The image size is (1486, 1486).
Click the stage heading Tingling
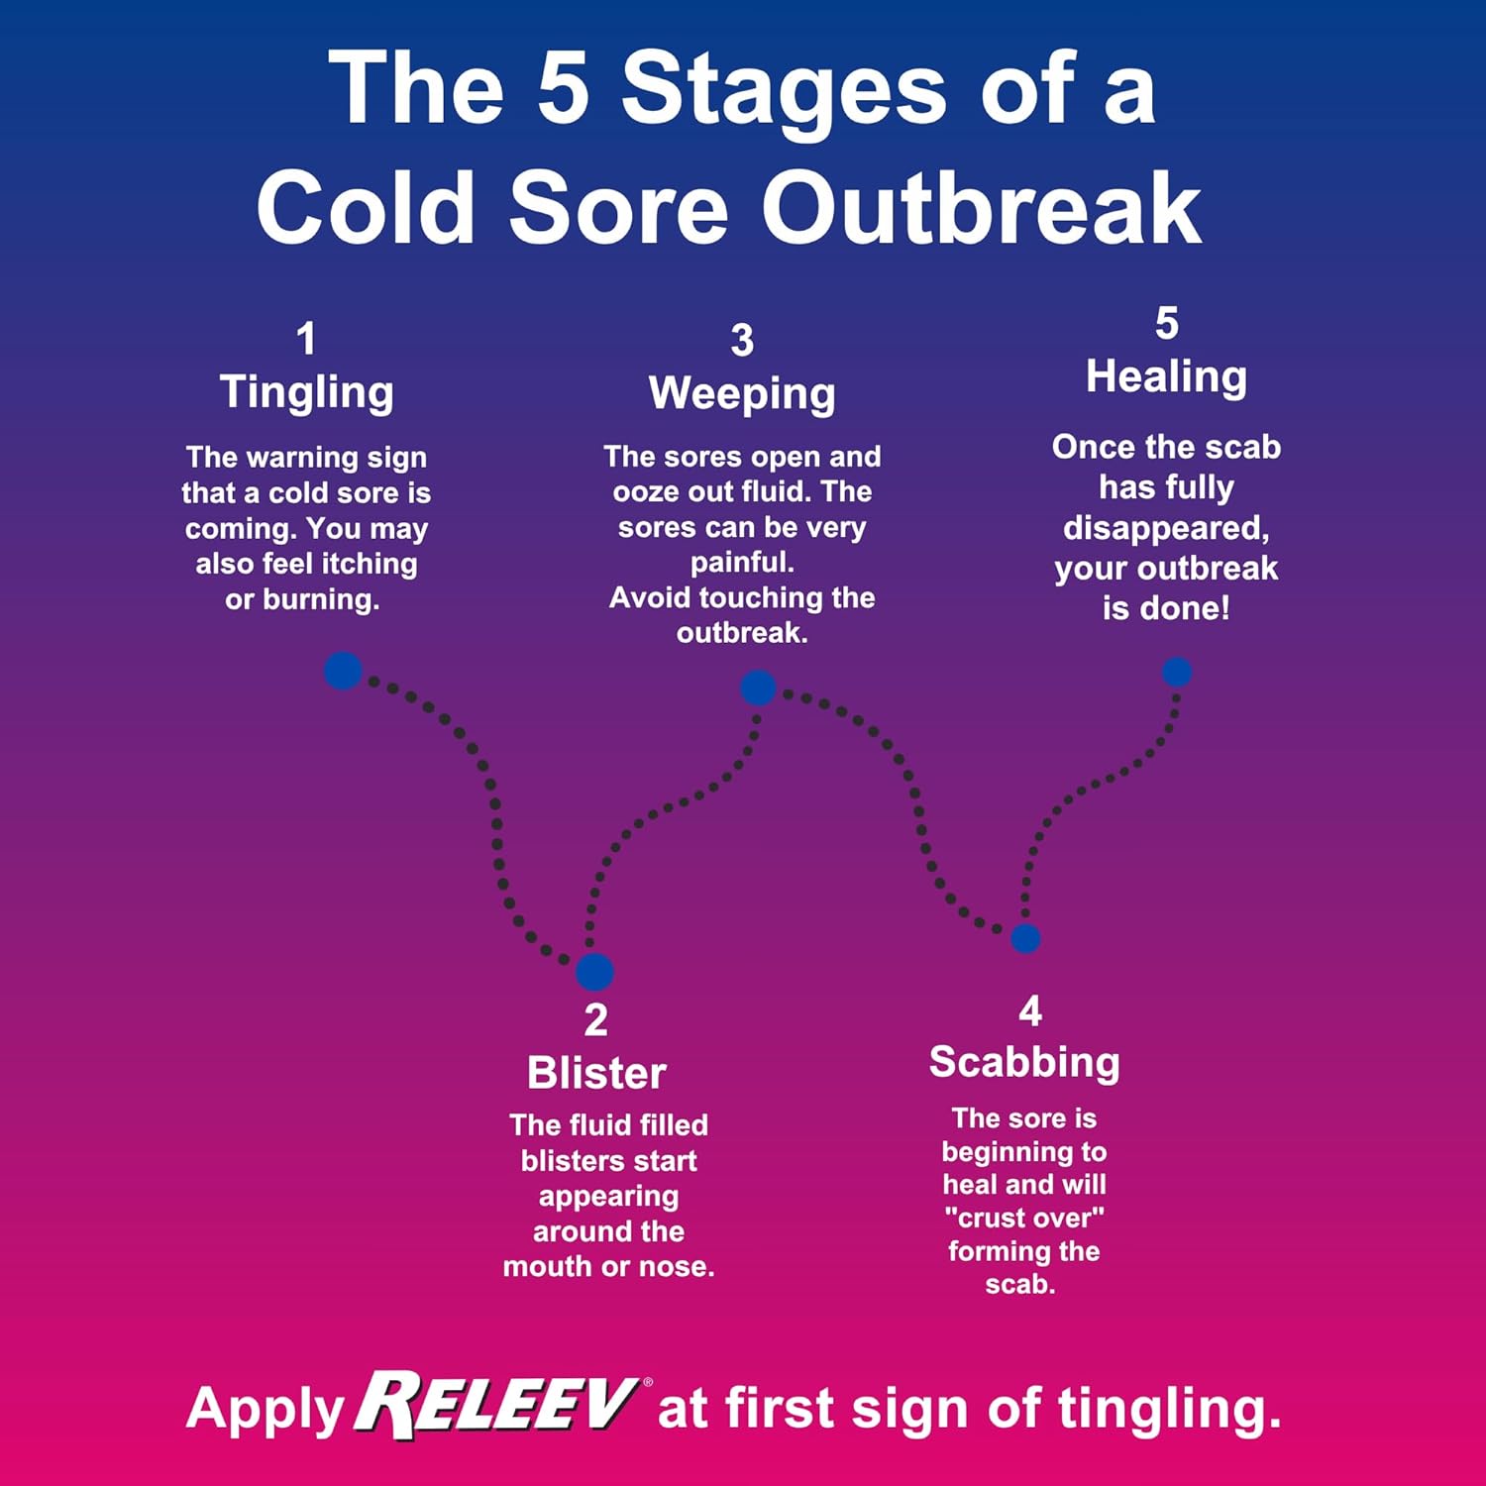(x=306, y=392)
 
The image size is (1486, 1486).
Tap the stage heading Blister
(x=596, y=1073)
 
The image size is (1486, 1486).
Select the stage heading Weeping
(x=742, y=394)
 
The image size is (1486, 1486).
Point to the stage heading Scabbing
(x=1024, y=1062)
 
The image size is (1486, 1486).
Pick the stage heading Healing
(x=1166, y=377)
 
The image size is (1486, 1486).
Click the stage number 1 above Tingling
(x=306, y=339)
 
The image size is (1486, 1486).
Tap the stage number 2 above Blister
(x=595, y=1020)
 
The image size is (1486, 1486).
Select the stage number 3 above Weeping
(x=742, y=341)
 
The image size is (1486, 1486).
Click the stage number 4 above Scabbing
(x=1030, y=1011)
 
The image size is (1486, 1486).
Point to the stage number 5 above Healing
(x=1167, y=324)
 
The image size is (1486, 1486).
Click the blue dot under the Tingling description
(x=343, y=671)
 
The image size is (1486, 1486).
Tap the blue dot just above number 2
(x=594, y=972)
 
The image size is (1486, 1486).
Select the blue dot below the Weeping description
(x=758, y=688)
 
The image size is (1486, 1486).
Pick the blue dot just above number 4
(x=1025, y=937)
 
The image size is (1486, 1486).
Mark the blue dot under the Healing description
(x=1177, y=672)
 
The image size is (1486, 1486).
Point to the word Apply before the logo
(x=265, y=1410)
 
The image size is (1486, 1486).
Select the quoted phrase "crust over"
(x=1024, y=1218)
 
